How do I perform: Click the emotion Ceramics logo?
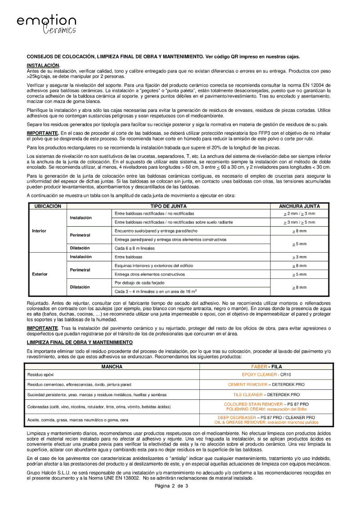coord(46,24)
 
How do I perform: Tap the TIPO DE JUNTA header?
coord(169,206)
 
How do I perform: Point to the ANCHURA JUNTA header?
coord(299,206)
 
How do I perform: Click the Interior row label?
coord(39,231)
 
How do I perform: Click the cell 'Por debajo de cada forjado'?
coord(139,282)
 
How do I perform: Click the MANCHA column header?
coord(112,366)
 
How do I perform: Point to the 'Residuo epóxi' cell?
coord(41,375)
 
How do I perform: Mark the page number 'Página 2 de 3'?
coord(171,487)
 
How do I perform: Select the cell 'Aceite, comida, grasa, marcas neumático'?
coord(78,420)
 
